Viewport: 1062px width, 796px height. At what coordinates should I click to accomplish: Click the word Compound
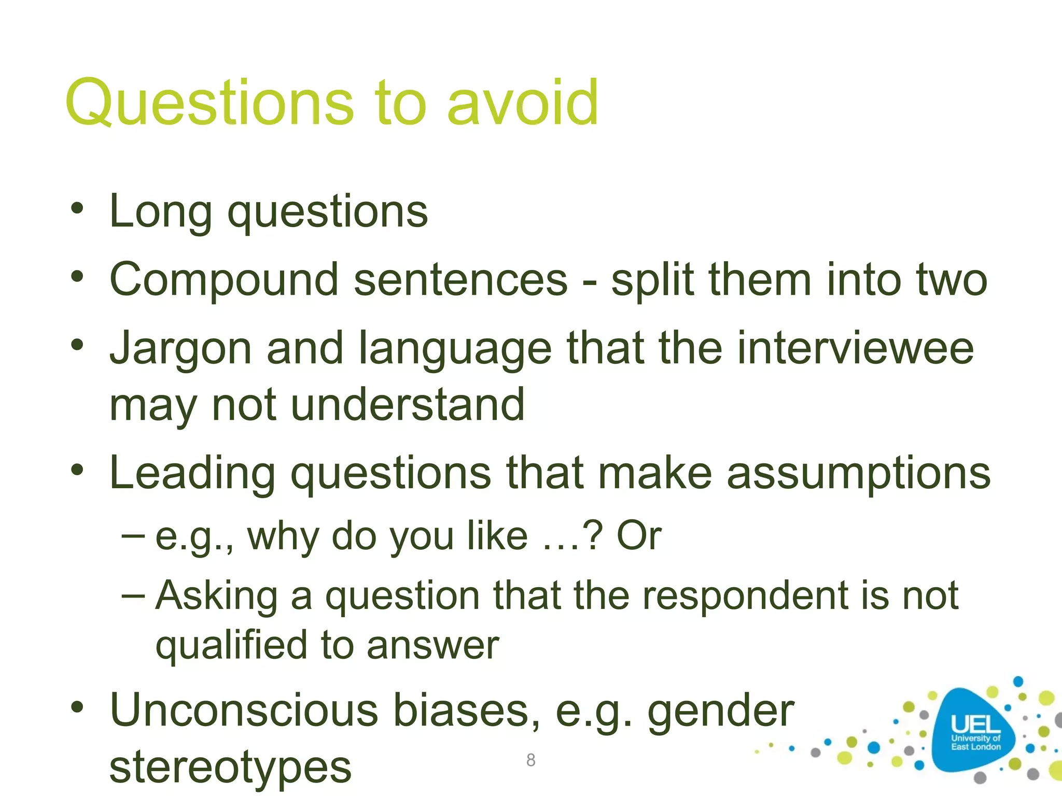tap(224, 280)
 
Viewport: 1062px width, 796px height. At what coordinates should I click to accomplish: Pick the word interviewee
tap(855, 348)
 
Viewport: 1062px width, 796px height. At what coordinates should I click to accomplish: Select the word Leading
tap(192, 473)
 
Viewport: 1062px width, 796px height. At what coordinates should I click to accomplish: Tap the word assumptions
tap(858, 473)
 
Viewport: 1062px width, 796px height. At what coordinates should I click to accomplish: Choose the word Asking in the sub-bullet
tap(217, 596)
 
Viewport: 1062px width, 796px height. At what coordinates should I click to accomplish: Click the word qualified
tap(231, 646)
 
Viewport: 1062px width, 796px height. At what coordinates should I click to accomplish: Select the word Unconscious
tap(244, 710)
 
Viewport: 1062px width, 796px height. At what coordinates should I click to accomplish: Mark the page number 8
tap(530, 760)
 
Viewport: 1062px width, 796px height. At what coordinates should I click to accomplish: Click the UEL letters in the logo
tap(976, 723)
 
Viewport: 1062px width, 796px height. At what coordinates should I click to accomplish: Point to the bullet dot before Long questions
tap(77, 209)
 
